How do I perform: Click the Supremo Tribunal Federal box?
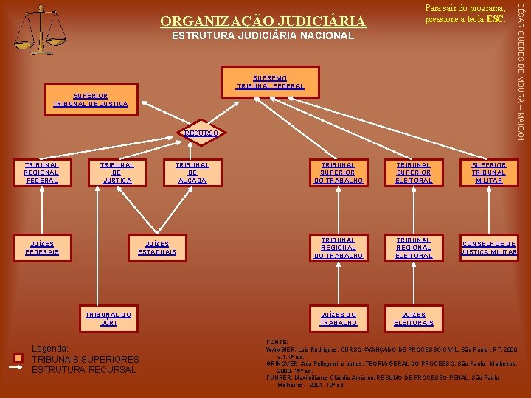[x=270, y=82]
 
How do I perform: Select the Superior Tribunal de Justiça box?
[x=90, y=100]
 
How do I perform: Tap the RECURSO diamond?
[x=201, y=133]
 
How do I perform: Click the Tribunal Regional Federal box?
[x=41, y=172]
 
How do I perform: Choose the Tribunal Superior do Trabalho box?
[x=338, y=172]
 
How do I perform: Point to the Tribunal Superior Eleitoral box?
[x=414, y=172]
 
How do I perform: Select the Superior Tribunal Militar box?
[x=489, y=172]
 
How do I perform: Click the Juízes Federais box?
[x=41, y=248]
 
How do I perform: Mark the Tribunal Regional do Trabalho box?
[x=338, y=248]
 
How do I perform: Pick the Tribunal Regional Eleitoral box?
[x=414, y=248]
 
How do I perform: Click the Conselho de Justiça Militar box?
[x=489, y=248]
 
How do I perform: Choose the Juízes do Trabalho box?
[x=338, y=318]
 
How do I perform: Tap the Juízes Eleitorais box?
[x=414, y=318]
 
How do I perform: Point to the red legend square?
[x=20, y=359]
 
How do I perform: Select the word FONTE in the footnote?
[x=279, y=342]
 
